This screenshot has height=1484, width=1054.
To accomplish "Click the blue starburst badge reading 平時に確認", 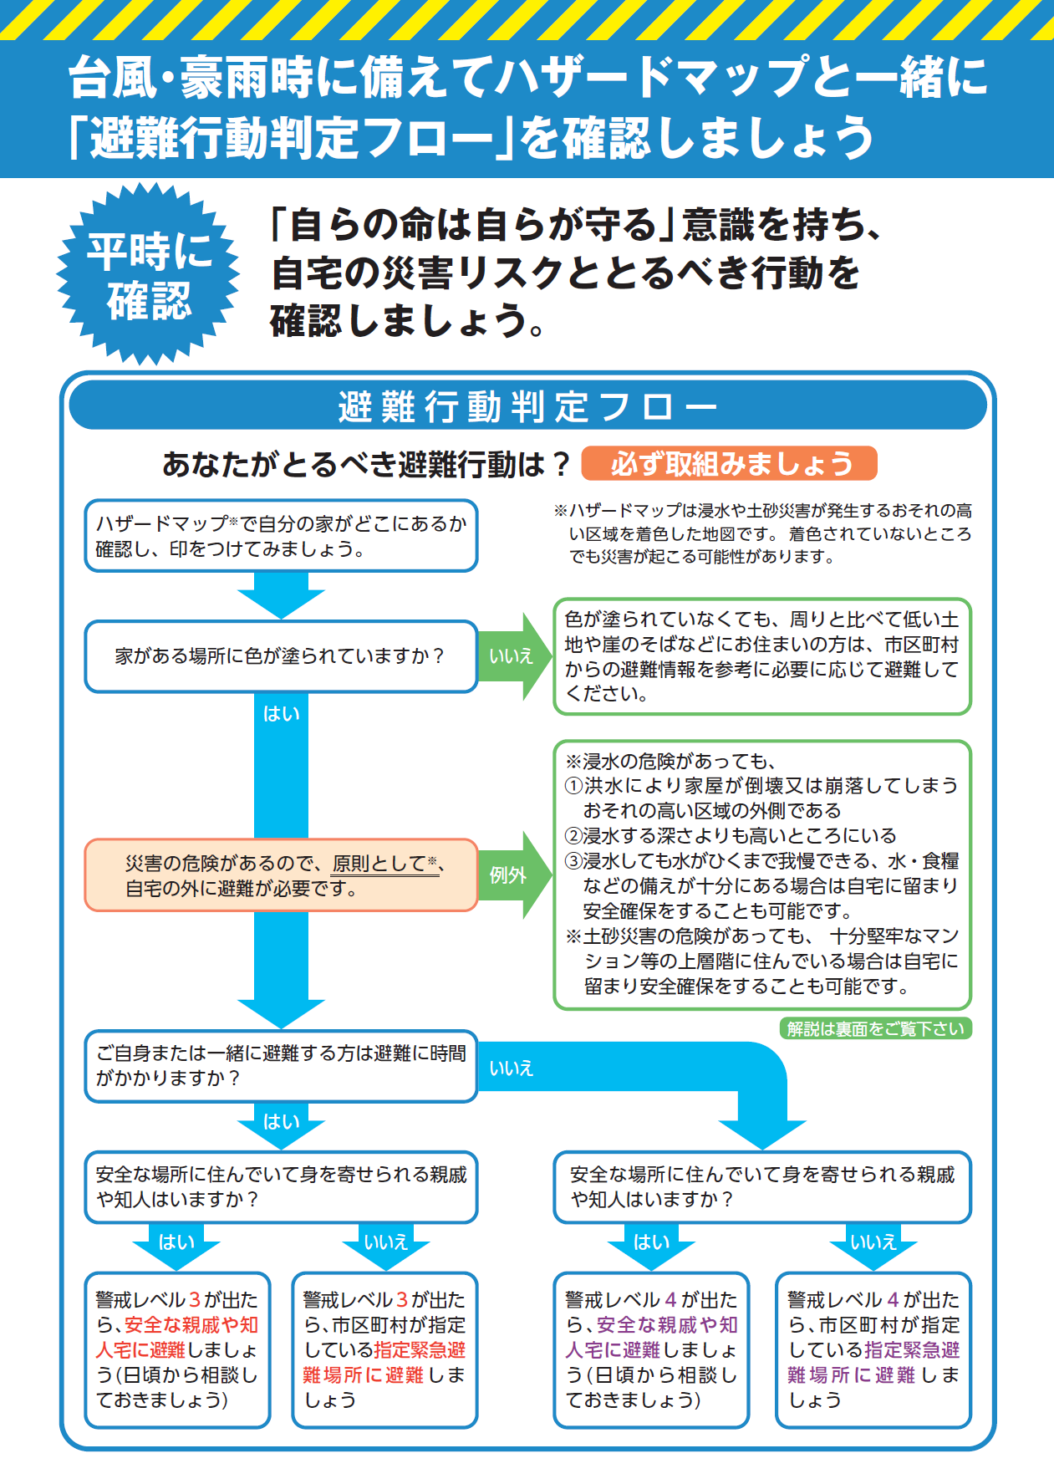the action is [x=149, y=274].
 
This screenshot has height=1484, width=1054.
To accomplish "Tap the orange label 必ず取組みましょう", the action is [x=729, y=463].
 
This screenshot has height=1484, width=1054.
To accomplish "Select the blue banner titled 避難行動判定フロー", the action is [x=527, y=405].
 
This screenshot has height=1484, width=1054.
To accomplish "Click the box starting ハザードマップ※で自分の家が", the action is [x=281, y=536].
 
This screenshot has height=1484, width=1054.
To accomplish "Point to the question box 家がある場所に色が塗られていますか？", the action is [x=281, y=656].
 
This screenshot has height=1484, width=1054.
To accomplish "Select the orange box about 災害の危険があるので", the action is [x=281, y=875].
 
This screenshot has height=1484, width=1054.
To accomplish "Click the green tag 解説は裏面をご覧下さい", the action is [x=875, y=1028].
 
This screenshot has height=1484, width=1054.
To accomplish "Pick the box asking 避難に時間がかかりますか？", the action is [x=281, y=1066].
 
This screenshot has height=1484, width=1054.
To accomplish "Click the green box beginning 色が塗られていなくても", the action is [x=762, y=656].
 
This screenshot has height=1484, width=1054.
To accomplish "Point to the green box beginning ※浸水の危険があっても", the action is [x=762, y=875].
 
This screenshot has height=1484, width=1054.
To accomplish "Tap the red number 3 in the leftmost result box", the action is [x=195, y=1299].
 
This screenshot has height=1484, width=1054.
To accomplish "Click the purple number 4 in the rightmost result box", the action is [x=894, y=1299].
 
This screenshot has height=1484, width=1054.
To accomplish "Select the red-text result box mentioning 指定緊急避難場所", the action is [x=384, y=1349].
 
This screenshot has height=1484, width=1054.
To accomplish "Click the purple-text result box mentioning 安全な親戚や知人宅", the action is [x=651, y=1349].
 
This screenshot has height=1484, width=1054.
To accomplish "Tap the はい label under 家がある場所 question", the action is [x=281, y=713].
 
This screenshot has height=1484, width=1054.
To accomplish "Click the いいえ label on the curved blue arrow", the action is [x=511, y=1068].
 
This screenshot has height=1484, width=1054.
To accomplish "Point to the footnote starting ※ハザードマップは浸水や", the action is [x=762, y=533].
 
